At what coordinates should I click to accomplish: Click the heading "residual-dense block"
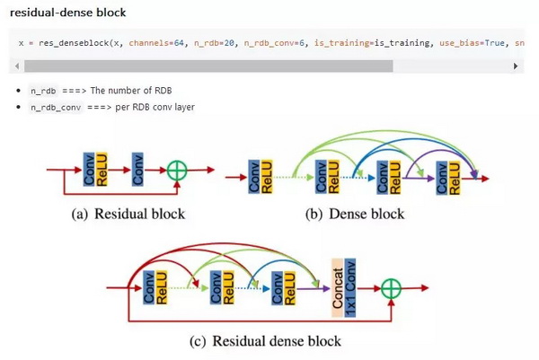[x=67, y=13]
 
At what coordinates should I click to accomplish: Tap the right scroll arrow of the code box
[x=516, y=66]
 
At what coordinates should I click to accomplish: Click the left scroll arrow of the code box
[x=17, y=66]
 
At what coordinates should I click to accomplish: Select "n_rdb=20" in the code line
[x=214, y=43]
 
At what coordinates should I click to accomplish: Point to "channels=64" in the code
[x=156, y=43]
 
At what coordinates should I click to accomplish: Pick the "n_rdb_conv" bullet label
[x=56, y=108]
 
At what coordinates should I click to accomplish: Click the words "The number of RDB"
[x=131, y=91]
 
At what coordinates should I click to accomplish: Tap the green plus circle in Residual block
[x=177, y=171]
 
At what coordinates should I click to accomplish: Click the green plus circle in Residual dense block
[x=391, y=288]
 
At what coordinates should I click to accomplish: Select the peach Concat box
[x=338, y=288]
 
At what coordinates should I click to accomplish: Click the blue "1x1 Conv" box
[x=350, y=288]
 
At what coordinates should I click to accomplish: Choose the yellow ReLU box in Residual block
[x=102, y=170]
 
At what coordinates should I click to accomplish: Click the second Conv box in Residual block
[x=137, y=170]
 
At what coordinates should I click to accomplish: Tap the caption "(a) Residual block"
[x=128, y=214]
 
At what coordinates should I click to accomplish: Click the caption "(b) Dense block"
[x=355, y=214]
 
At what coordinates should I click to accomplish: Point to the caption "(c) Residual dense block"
[x=265, y=341]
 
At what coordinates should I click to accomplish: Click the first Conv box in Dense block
[x=254, y=177]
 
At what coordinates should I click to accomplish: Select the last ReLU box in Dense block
[x=455, y=178]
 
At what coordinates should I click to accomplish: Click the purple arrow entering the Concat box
[x=314, y=288]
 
